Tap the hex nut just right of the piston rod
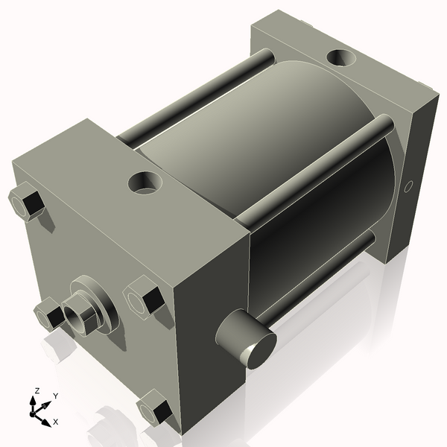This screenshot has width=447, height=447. [144, 298]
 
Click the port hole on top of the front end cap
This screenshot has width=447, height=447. [144, 181]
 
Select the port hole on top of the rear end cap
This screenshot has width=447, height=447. [341, 57]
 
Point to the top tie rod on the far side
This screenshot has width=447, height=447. [194, 97]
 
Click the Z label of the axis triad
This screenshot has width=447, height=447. [37, 391]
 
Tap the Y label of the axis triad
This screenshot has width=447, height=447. [55, 396]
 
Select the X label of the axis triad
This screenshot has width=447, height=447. [54, 421]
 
